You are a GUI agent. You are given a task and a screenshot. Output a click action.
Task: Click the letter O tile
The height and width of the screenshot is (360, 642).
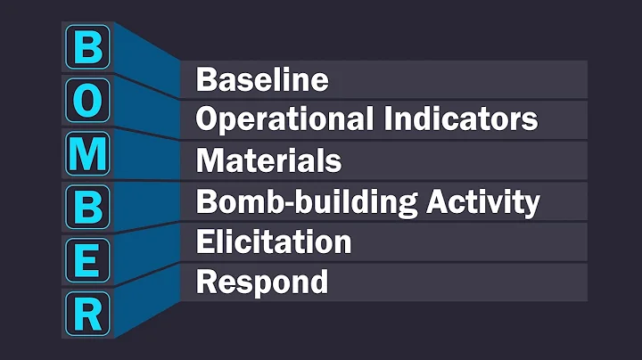click(86, 103)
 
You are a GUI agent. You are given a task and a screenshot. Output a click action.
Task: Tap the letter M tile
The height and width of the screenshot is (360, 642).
click(86, 155)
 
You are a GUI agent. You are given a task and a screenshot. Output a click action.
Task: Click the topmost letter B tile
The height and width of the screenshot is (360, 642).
click(86, 50)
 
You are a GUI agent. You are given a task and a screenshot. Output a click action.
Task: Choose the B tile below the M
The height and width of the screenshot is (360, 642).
click(86, 207)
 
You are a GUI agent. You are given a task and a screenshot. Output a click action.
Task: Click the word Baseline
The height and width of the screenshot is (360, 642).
click(262, 80)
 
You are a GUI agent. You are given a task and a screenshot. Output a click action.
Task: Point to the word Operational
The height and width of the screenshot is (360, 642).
click(284, 119)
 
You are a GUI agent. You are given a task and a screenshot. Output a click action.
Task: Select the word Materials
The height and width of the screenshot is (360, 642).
click(268, 161)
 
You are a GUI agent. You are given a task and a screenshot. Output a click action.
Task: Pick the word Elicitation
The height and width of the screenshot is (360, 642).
click(274, 242)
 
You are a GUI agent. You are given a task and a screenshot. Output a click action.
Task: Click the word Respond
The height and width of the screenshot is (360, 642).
click(262, 283)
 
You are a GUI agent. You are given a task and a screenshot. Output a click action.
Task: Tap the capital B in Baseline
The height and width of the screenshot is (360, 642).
click(205, 80)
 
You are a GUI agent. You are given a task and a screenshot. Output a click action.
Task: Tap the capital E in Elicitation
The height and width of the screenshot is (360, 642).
click(204, 242)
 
